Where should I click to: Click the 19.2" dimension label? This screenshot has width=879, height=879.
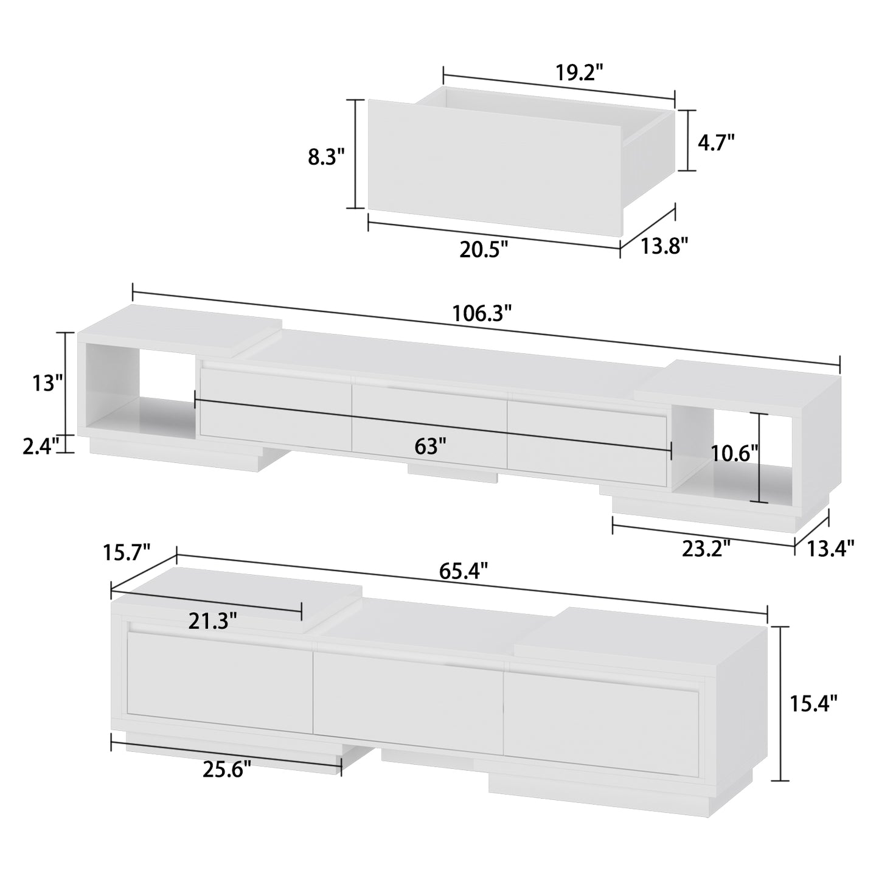(x=578, y=73)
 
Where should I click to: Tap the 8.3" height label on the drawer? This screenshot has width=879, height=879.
(x=326, y=157)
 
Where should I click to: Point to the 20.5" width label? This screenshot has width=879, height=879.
(x=483, y=249)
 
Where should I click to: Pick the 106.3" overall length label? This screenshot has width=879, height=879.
(x=482, y=314)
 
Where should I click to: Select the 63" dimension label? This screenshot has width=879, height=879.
(x=430, y=446)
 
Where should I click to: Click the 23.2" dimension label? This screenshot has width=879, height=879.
(x=706, y=549)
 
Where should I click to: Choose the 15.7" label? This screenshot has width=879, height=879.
(x=127, y=553)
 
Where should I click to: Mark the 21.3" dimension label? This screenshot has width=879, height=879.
(x=212, y=621)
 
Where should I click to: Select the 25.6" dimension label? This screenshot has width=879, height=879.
(x=226, y=770)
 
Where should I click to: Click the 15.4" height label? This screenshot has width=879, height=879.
(x=813, y=704)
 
